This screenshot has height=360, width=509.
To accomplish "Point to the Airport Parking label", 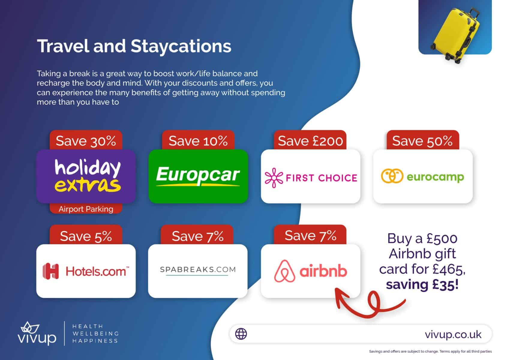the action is tap(86, 209).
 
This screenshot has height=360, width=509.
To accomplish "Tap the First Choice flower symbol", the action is tap(274, 178).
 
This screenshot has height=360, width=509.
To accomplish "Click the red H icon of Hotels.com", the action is tap(51, 271).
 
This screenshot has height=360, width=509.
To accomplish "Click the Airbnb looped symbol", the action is tap(285, 271).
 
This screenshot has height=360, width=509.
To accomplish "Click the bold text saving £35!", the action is tap(422, 284).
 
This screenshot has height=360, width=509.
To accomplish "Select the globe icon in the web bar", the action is tap(241, 334).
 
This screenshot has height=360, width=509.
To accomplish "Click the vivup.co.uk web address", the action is tap(453, 334).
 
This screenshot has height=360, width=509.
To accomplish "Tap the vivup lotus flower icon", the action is tap(29, 328).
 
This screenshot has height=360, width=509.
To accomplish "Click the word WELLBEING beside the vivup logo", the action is tap(96, 334).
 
